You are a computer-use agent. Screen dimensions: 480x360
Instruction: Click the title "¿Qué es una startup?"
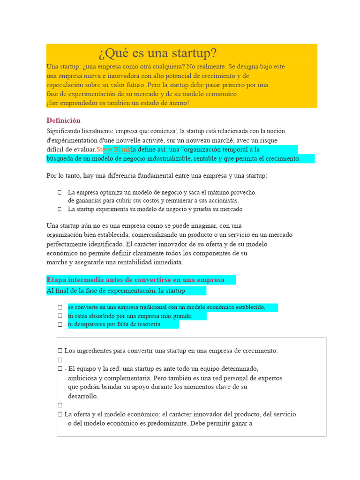tap(157, 53)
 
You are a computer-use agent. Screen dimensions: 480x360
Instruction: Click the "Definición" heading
tap(63, 120)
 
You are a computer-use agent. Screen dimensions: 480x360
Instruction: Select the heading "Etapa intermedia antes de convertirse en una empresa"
tap(135, 280)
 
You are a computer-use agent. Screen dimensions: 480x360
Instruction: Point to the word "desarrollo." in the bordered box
tap(83, 396)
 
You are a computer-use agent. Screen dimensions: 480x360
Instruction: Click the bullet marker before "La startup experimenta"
tap(60, 209)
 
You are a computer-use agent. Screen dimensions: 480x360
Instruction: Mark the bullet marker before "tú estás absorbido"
tap(60, 316)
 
